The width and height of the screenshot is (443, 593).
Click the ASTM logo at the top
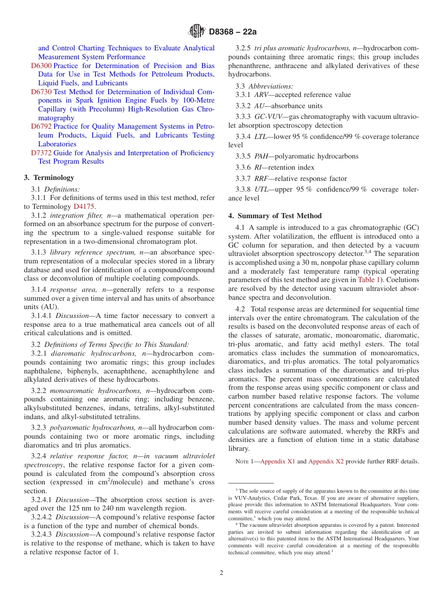196,31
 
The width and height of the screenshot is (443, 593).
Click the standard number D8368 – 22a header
233,32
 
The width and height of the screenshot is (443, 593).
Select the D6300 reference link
41,66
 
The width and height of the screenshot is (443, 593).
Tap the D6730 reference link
41,92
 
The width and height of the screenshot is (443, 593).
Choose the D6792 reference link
41,126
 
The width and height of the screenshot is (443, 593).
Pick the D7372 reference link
41,153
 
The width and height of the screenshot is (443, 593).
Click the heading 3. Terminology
49,178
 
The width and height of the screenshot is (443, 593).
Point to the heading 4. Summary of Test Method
275,216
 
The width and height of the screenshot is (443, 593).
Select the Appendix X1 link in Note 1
277,462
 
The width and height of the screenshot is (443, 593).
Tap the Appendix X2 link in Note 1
326,462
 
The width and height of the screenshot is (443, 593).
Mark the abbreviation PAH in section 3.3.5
262,156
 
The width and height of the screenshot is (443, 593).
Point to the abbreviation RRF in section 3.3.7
262,179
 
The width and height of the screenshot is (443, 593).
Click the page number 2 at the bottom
221,573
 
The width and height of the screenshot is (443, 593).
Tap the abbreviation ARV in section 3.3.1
262,95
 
